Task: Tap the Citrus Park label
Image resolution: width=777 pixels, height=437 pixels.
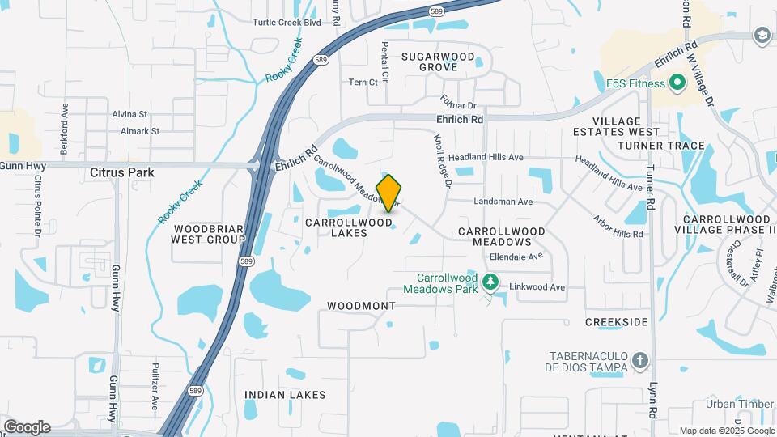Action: (122, 172)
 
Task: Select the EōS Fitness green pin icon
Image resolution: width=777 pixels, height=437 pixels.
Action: (676, 83)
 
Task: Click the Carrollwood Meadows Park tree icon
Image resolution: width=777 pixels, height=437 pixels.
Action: (489, 282)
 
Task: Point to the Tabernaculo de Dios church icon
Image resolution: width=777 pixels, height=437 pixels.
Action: (639, 360)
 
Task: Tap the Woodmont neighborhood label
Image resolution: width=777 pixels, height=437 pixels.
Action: (361, 306)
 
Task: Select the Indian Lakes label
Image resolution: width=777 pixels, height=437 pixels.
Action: (285, 395)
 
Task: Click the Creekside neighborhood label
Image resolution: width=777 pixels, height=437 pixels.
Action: (617, 322)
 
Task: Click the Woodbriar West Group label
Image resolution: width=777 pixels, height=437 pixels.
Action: (208, 234)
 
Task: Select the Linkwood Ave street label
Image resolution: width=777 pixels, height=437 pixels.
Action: (536, 287)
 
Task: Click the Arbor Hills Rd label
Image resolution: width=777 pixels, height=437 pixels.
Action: (617, 226)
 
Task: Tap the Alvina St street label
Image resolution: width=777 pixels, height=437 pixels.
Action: (129, 115)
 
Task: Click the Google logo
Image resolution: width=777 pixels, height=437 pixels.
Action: (27, 427)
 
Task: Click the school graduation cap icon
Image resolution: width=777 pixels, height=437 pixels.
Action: (761, 36)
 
